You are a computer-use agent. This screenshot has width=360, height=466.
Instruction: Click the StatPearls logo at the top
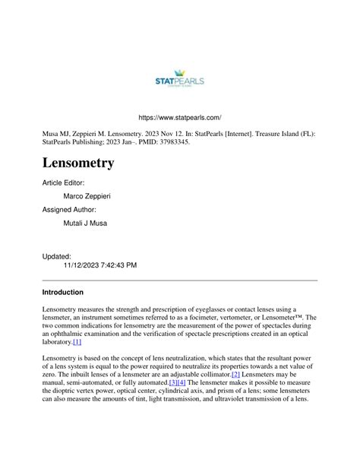[179, 79]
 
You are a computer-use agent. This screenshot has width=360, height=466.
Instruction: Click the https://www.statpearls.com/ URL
[179, 118]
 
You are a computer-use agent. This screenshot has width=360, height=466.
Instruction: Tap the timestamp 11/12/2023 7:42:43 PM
[100, 265]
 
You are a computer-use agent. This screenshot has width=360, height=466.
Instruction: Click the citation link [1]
[77, 342]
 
